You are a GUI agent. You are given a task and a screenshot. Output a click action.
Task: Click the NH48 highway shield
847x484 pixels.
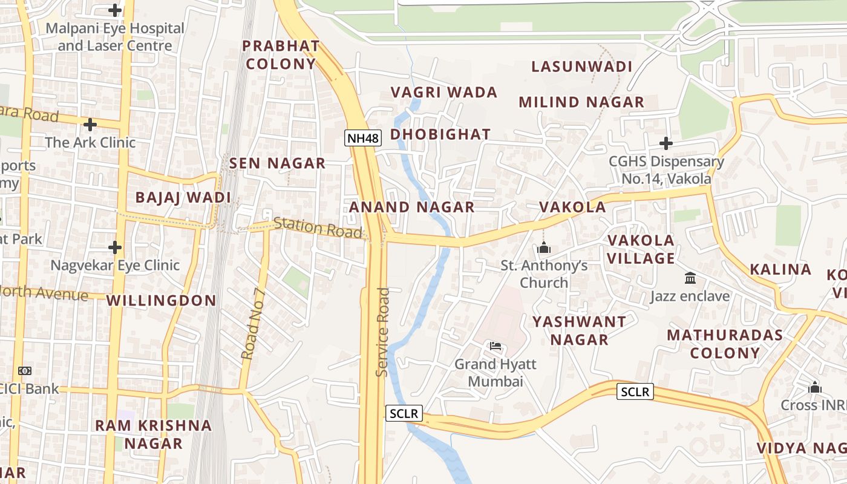363,138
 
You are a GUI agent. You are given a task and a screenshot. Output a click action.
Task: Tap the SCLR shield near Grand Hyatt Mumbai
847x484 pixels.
404,414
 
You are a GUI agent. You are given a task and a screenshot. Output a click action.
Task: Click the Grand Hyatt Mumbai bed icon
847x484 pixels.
495,346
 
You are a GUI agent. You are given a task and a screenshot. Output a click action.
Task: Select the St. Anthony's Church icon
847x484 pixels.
543,248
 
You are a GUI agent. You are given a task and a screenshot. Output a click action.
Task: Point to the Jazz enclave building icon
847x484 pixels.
690,278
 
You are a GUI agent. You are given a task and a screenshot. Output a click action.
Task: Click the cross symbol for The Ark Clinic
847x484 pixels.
90,125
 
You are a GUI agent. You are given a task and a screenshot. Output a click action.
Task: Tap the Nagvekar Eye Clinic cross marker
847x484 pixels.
115,247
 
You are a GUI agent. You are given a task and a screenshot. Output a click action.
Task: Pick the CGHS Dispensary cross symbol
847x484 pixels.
665,143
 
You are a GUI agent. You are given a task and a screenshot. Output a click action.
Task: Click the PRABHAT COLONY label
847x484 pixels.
281,54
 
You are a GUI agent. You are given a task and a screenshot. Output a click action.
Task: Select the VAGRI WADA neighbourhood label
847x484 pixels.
444,92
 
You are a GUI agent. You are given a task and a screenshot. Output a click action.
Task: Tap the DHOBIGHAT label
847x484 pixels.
440,134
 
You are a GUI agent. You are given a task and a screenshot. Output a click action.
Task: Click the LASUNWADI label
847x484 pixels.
581,67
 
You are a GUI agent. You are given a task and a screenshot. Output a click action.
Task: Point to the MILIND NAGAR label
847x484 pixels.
581,102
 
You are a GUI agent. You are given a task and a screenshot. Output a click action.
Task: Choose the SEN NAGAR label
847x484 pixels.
278,163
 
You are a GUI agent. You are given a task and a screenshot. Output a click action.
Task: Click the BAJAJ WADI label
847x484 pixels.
183,197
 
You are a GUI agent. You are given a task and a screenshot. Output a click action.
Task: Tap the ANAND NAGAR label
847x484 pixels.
412,207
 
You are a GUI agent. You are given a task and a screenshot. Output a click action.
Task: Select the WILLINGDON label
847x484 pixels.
162,301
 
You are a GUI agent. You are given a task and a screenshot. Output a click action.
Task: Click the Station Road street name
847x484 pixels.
318,227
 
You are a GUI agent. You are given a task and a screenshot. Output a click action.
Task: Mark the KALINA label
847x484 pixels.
780,270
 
